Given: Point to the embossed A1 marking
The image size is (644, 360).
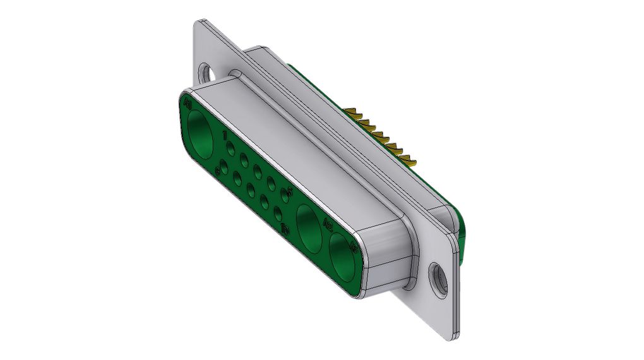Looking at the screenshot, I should (187, 101).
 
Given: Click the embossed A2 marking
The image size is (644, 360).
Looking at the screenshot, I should (328, 223).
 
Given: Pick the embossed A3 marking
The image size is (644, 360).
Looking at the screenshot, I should (354, 248).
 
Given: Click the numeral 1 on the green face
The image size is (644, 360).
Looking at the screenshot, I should (225, 135).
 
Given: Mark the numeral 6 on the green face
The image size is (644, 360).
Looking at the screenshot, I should (218, 171).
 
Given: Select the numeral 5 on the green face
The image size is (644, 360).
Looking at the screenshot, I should (290, 189).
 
